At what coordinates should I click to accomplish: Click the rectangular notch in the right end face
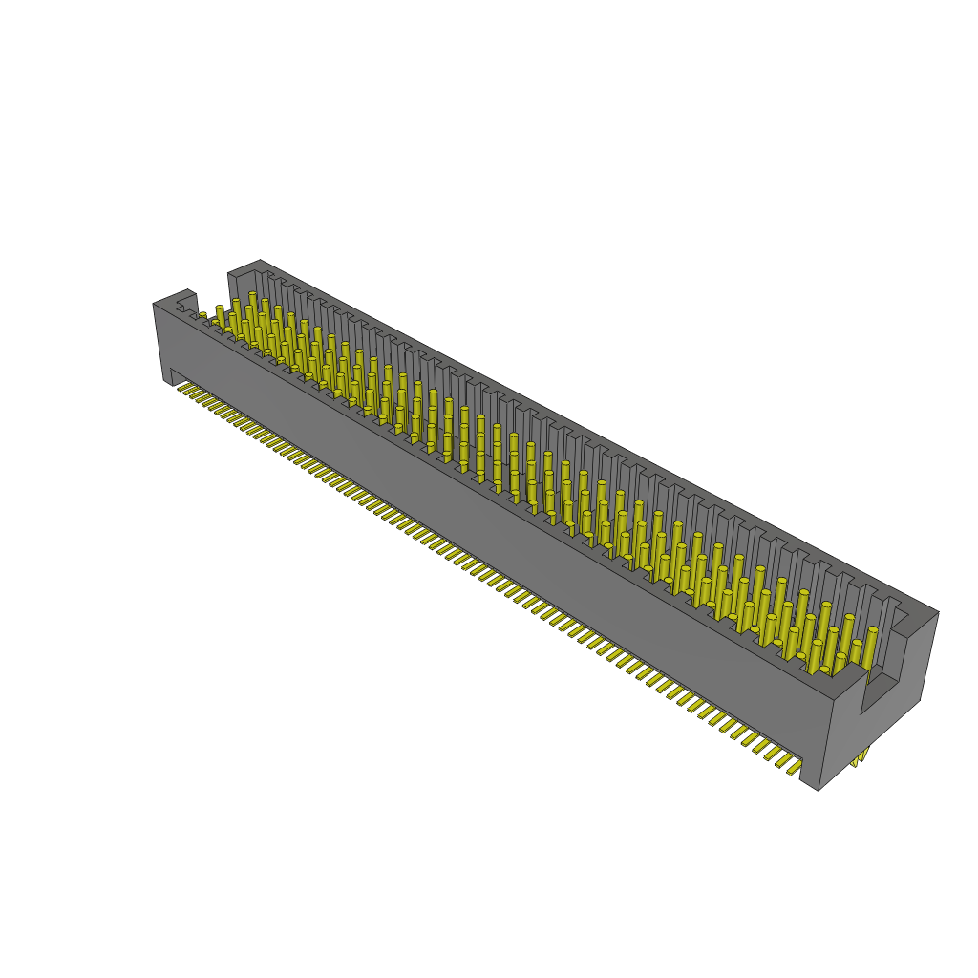[x=880, y=689]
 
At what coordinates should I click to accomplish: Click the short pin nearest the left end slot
[x=202, y=317]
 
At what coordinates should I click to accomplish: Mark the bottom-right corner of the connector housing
[x=819, y=790]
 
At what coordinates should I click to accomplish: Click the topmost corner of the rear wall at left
[x=259, y=260]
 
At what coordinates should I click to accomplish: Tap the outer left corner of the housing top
[x=154, y=304]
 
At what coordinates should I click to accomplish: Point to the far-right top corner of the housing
[x=938, y=612]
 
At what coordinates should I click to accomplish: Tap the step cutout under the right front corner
[x=808, y=769]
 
